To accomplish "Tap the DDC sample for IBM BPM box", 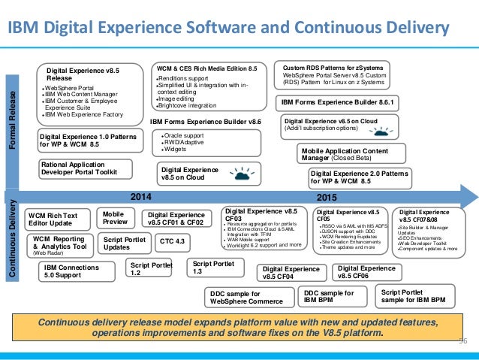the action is (x=331, y=295).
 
